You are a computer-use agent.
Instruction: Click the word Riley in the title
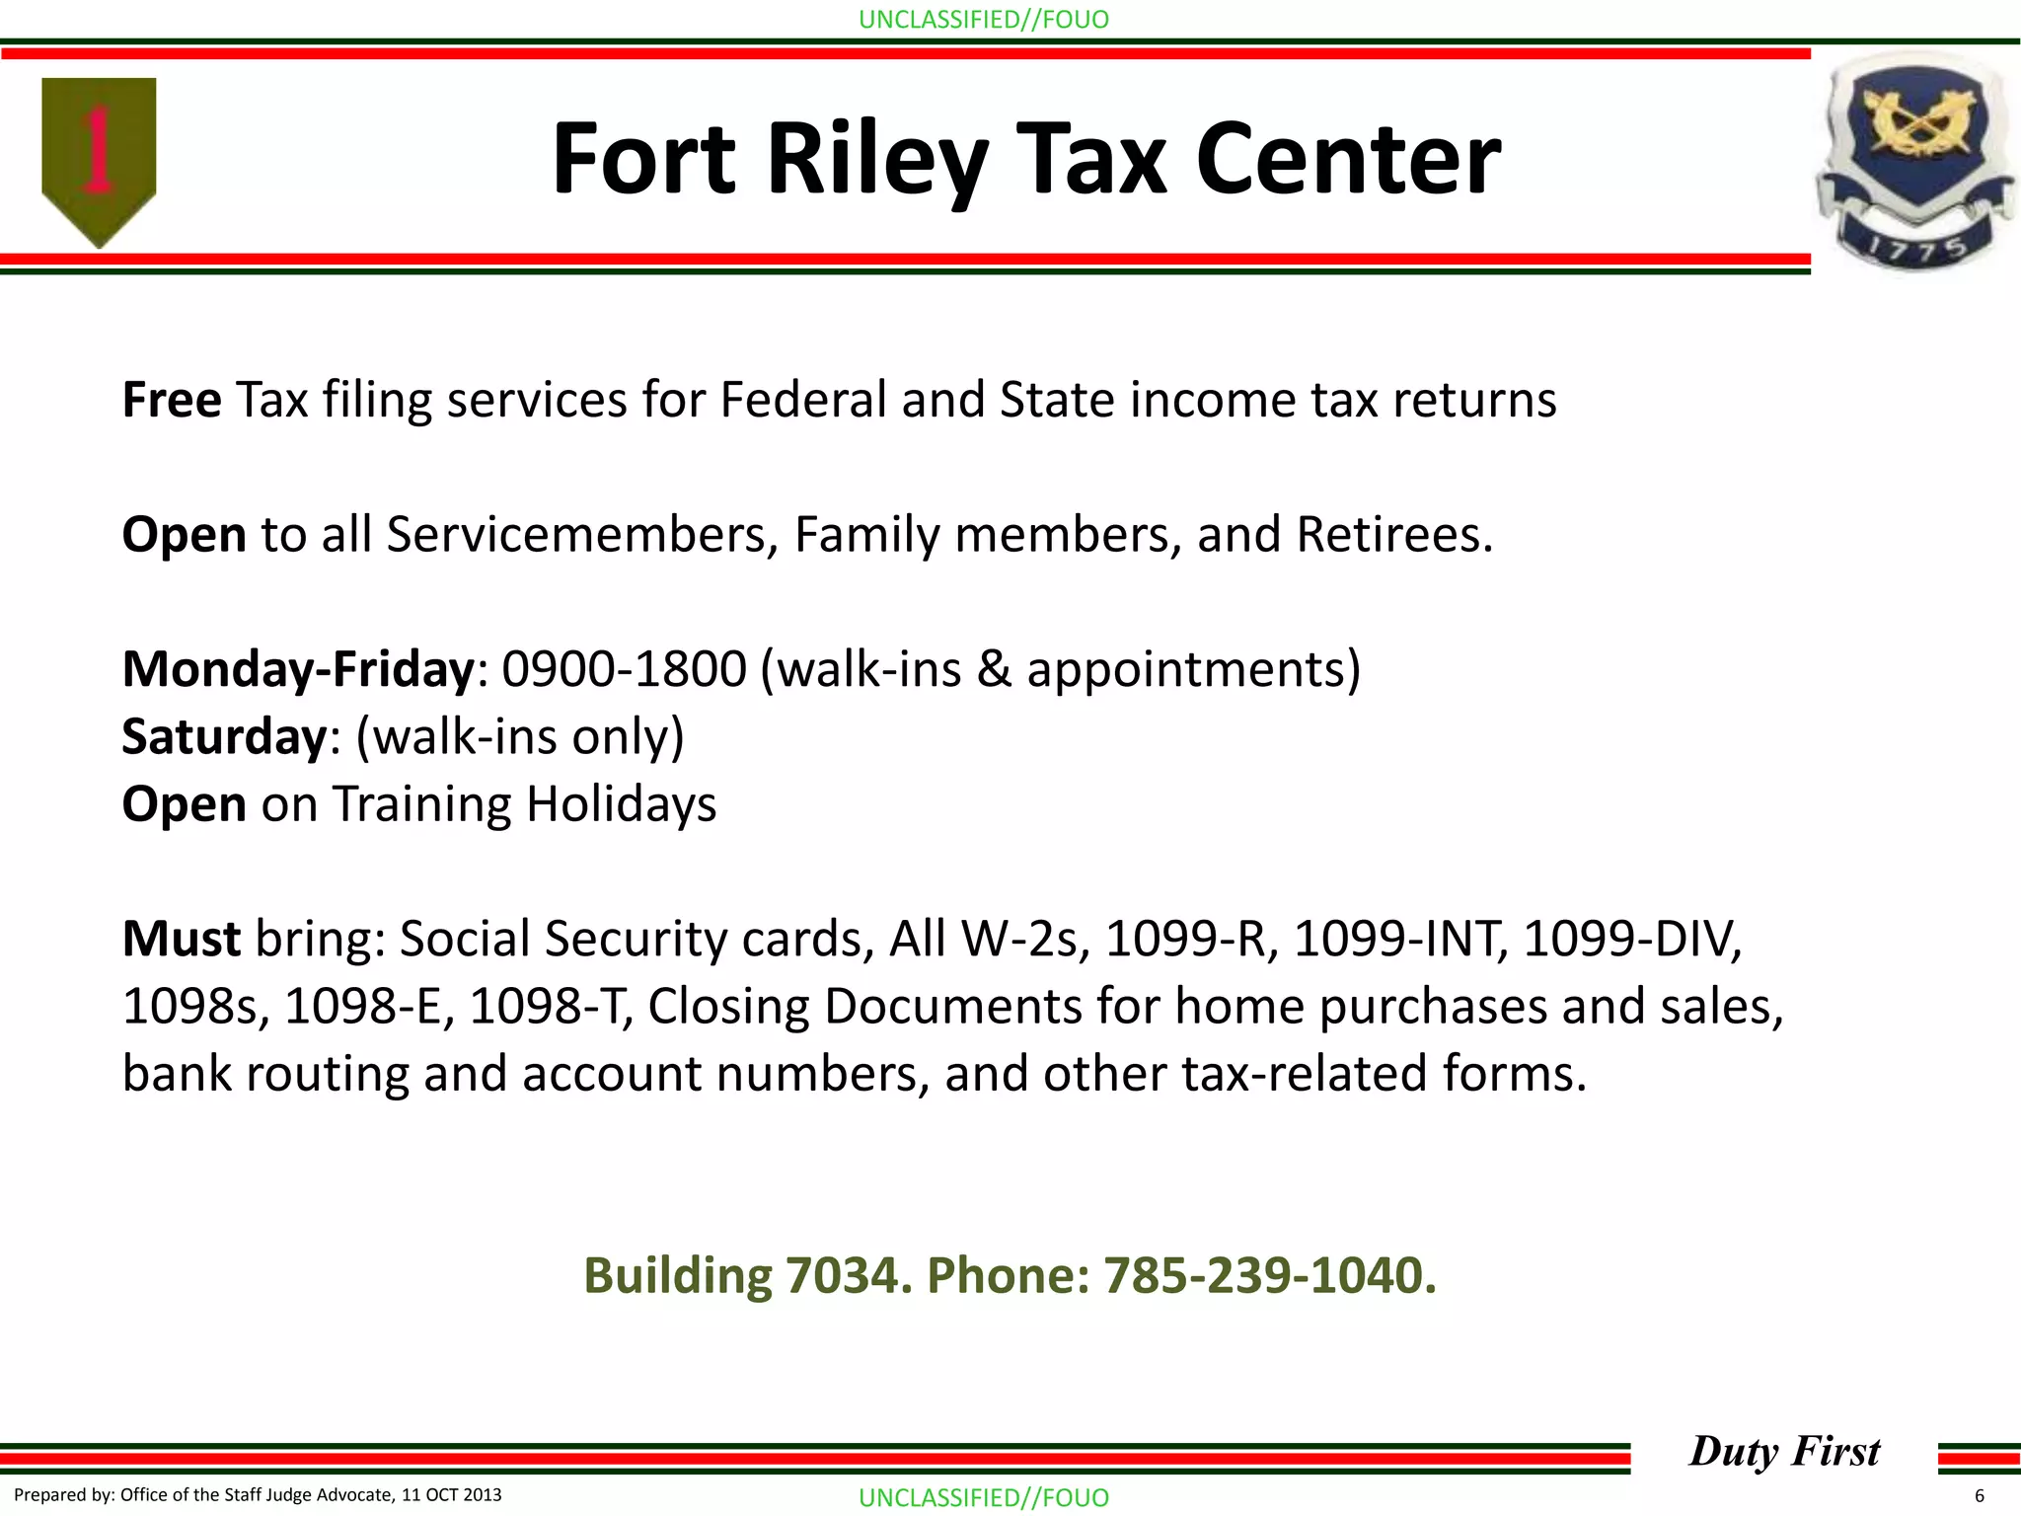click(x=877, y=159)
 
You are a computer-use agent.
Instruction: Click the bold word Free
click(x=171, y=400)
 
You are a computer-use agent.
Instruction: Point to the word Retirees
click(x=1393, y=534)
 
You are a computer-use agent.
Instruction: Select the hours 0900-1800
click(x=624, y=669)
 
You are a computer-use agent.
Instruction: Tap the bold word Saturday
click(x=223, y=736)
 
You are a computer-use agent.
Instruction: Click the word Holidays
click(x=621, y=803)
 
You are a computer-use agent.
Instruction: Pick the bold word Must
click(x=181, y=938)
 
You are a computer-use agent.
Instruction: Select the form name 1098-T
click(x=550, y=1006)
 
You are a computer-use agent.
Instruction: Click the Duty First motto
click(x=1784, y=1451)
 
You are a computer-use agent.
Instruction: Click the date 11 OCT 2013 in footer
click(x=451, y=1494)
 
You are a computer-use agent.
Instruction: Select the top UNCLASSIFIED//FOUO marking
click(x=983, y=19)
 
